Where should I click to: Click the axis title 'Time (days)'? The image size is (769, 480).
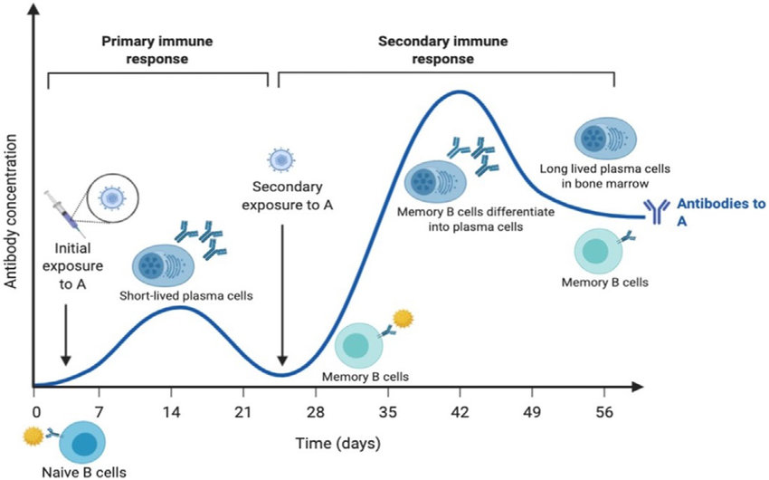pyautogui.click(x=337, y=444)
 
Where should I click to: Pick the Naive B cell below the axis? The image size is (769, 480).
pyautogui.click(x=82, y=443)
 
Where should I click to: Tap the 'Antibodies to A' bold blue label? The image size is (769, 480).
pyautogui.click(x=716, y=212)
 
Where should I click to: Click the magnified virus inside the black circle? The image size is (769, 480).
pyautogui.click(x=111, y=197)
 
